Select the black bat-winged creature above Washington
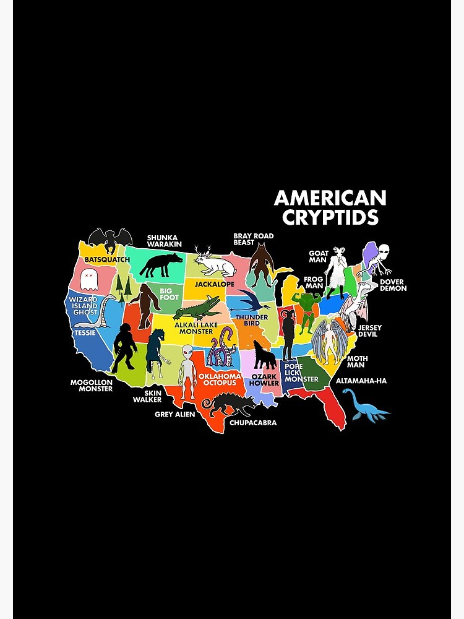[110, 239]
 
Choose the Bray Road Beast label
[253, 240]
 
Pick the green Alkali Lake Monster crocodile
[198, 306]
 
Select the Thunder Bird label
[252, 321]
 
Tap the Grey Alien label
[175, 414]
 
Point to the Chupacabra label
[253, 423]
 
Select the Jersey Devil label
[369, 331]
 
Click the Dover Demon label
[393, 285]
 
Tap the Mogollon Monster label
[92, 386]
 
